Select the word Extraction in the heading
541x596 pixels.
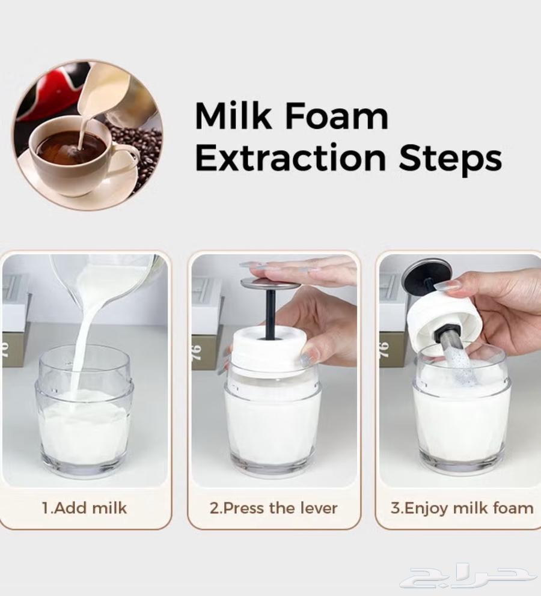(290, 158)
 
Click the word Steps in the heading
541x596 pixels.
(451, 159)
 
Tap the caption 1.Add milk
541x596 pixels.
(85, 508)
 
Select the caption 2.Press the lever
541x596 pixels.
(274, 508)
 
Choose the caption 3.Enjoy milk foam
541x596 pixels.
(462, 508)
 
